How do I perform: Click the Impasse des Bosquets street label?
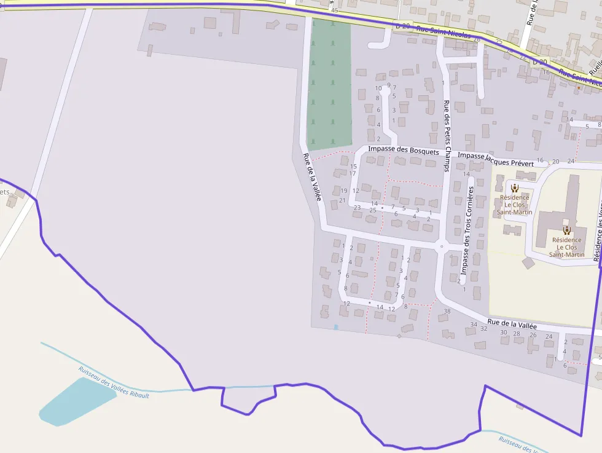[x=404, y=150]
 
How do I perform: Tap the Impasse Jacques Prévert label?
[x=496, y=159]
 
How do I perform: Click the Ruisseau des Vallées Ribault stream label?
[x=114, y=382]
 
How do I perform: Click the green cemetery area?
[x=330, y=83]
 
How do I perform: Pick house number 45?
[x=334, y=11]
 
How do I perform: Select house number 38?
[x=447, y=311]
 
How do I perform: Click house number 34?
[x=474, y=324]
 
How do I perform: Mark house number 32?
[x=484, y=328]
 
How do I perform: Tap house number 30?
[x=504, y=333]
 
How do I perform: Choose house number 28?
[x=517, y=334]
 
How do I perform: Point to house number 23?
[x=357, y=207]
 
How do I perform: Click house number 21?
[x=342, y=200]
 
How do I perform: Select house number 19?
[x=343, y=191]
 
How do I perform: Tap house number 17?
[x=353, y=173]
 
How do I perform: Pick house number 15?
[x=353, y=166]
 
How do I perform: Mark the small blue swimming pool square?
[x=336, y=327]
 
